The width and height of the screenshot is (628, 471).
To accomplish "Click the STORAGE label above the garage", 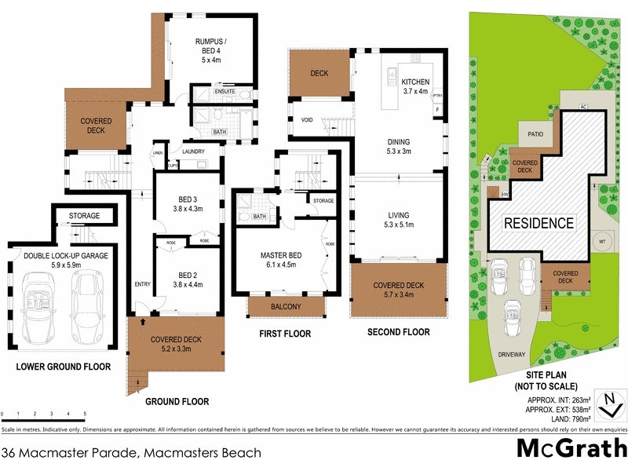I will click(84, 216).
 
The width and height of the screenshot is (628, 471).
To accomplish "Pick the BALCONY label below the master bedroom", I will click(286, 306).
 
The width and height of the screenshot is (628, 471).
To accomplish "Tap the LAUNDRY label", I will click(192, 151).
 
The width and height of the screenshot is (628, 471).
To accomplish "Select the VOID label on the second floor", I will click(308, 120).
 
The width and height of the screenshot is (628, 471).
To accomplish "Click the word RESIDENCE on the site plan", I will click(539, 223).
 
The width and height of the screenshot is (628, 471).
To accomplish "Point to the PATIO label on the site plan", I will click(536, 133).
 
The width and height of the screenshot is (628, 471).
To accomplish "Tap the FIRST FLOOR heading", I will click(285, 334).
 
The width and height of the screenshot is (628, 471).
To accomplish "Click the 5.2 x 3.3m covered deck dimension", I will click(176, 349).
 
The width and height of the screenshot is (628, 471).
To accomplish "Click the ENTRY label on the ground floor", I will click(142, 284).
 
